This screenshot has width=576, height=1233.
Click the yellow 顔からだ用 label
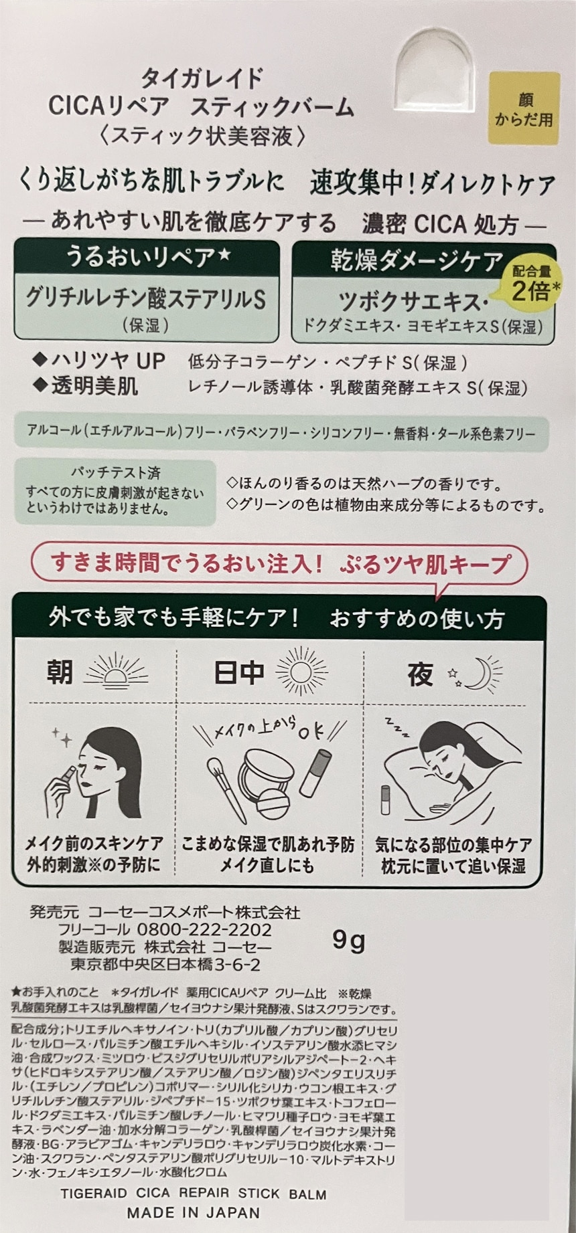tap(524, 108)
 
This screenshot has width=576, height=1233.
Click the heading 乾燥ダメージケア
tap(416, 261)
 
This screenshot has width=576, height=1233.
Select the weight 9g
tap(348, 940)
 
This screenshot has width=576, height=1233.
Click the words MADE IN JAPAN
tap(193, 1212)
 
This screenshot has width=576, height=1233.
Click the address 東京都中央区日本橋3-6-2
tap(165, 964)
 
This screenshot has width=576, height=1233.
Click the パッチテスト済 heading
tap(115, 473)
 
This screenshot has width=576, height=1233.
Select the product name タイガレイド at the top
tap(202, 78)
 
